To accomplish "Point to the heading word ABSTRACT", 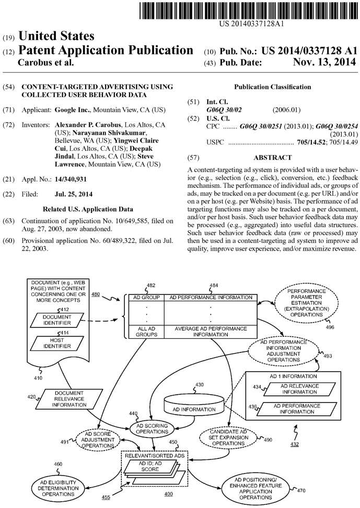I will coord(272,157).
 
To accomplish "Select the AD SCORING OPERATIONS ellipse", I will coord(152,429).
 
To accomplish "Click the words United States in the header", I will coord(56,37).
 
